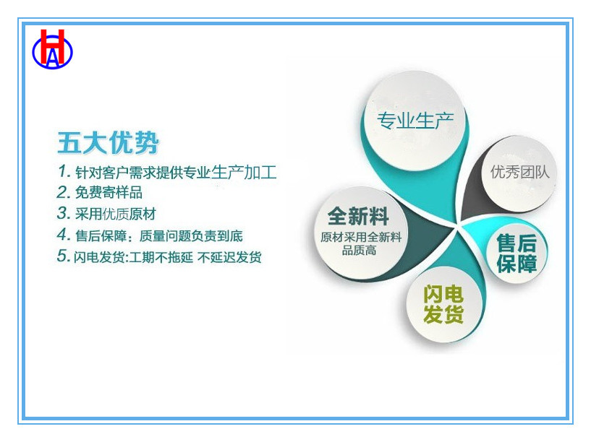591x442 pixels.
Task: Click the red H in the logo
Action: click(x=52, y=46)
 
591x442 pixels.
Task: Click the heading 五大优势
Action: click(x=109, y=142)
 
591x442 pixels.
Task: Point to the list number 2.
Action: click(x=63, y=192)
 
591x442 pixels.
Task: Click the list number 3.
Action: click(x=63, y=213)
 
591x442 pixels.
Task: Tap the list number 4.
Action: click(x=63, y=235)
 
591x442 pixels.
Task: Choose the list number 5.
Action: click(x=63, y=256)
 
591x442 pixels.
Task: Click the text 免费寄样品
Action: click(x=109, y=192)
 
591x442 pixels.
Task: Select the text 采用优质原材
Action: click(x=115, y=214)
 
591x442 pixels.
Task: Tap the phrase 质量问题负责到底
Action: click(x=191, y=235)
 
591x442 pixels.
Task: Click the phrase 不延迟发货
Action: click(x=229, y=257)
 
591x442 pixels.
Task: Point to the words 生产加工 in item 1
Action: click(x=244, y=172)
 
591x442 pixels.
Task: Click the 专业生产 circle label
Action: click(x=415, y=121)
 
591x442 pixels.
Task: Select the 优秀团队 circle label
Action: click(x=520, y=172)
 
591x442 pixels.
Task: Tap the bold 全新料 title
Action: click(x=358, y=216)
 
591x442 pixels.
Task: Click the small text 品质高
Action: click(x=360, y=250)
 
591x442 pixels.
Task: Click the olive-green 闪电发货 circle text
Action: click(x=443, y=303)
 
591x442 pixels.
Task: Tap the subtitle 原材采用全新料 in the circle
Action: click(x=361, y=237)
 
